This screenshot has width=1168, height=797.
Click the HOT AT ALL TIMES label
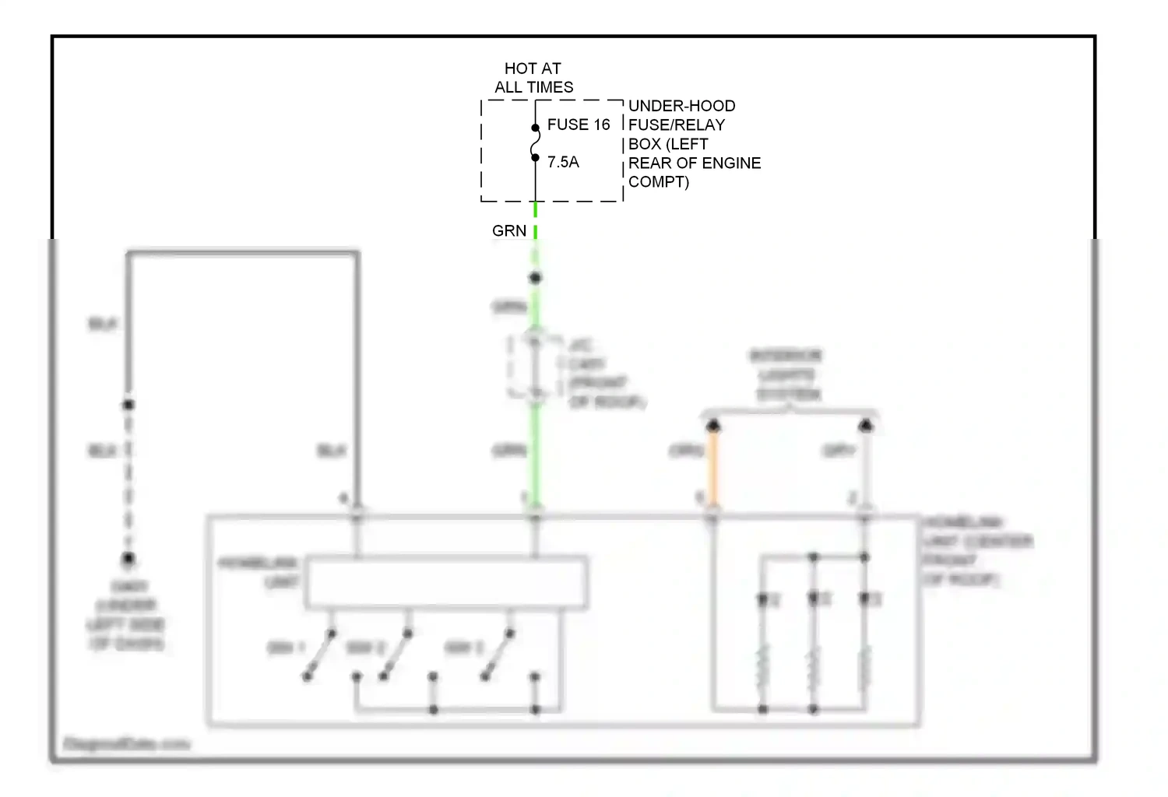pos(533,78)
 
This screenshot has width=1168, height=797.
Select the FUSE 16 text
pos(578,125)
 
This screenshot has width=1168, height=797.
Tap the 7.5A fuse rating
pos(563,162)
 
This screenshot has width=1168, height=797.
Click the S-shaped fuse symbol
pos(535,143)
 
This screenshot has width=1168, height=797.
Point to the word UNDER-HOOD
pos(681,106)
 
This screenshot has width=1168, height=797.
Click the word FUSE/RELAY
pos(676,125)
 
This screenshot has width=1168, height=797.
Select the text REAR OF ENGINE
pos(695,163)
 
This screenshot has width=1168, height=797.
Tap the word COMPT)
pos(659,181)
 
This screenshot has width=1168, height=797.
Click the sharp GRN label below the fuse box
pos(509,230)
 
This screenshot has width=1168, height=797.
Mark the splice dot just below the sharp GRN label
pos(535,278)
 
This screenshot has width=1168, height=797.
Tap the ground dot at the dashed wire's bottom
pos(128,559)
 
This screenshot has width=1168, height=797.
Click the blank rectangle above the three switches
pos(446,581)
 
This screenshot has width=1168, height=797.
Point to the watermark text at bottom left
pos(126,744)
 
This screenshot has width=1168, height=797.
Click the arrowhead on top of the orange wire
pos(712,425)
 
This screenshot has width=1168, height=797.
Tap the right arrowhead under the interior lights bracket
pos(865,425)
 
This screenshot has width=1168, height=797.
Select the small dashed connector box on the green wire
pos(534,367)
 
